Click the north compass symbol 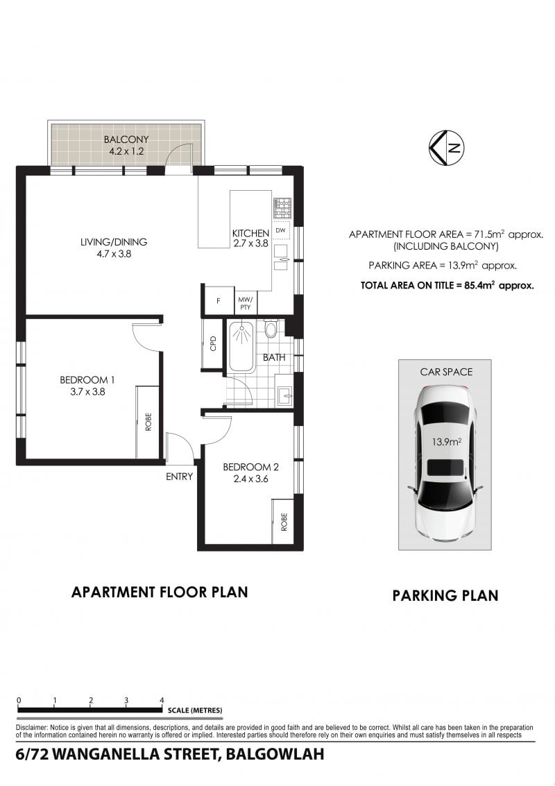[446, 148]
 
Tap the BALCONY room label [126, 139]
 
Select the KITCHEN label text [250, 233]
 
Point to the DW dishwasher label [281, 230]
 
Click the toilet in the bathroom [271, 329]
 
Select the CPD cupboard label [213, 343]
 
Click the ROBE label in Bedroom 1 [148, 422]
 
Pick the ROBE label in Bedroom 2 [284, 522]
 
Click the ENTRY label [179, 477]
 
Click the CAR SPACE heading [446, 372]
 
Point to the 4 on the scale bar [162, 700]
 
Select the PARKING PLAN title [445, 595]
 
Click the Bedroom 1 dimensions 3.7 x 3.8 [87, 392]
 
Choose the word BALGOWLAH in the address [275, 754]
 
